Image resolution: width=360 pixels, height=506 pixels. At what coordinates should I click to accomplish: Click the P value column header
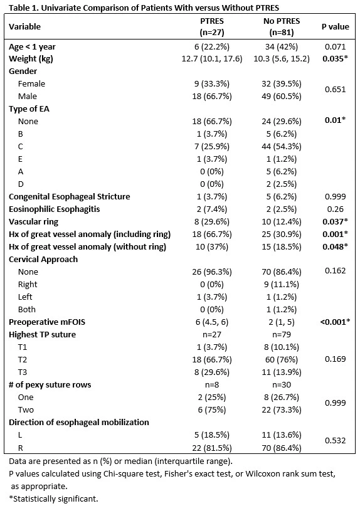coord(335,26)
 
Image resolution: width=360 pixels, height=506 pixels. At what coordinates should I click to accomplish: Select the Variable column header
coord(24,26)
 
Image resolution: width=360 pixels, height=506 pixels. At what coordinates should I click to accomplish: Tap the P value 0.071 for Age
coord(335,47)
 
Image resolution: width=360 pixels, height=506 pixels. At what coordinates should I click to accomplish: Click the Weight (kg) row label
coord(31,59)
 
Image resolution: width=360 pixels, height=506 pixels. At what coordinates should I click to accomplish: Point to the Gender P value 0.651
coord(335,90)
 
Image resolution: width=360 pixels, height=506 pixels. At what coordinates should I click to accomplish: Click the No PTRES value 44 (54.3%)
coord(282,147)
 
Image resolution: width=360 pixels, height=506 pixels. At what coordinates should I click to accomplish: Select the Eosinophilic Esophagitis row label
coord(54,209)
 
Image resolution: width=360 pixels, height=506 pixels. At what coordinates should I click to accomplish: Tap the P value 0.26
coord(335,209)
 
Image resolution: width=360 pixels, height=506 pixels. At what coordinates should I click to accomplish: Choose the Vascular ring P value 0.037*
coord(335,222)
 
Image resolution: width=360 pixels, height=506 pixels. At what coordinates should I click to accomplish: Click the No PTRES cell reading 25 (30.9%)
coord(282,235)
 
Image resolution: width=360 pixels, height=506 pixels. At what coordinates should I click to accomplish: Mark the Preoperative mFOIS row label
coord(47,322)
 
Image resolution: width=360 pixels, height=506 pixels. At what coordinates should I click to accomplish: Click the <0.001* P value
coord(335,322)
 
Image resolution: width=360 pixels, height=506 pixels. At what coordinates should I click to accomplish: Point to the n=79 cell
coord(282,335)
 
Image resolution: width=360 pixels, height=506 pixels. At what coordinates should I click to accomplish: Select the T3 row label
coord(23,372)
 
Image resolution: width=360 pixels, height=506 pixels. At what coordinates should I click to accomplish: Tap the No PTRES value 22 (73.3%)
coord(282,410)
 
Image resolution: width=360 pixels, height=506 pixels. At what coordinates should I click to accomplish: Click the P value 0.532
coord(335,441)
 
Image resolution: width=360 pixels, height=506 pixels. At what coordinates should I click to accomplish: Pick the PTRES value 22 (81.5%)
coord(212,448)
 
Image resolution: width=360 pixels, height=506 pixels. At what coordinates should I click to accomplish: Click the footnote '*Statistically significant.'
coord(53,499)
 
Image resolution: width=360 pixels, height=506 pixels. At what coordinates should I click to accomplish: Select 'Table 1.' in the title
coord(24,8)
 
